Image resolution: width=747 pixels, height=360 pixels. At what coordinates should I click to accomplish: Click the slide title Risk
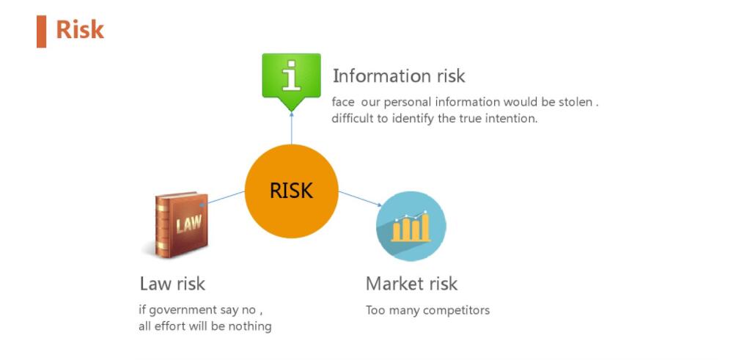coord(80,30)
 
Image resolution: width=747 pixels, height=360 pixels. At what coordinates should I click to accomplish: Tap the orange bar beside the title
coord(41,31)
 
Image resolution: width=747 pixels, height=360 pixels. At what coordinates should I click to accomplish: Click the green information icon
coord(291,77)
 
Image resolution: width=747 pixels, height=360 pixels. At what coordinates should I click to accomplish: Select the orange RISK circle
coord(291,191)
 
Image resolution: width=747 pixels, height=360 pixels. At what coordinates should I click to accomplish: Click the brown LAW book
coord(181,224)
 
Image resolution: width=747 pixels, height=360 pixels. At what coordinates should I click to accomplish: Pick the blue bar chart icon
coord(411,226)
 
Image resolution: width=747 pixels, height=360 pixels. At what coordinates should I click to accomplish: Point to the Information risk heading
coord(399,76)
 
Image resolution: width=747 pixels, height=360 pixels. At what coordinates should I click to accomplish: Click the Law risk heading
coord(172,283)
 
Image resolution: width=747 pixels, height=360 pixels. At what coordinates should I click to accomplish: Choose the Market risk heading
coord(411,283)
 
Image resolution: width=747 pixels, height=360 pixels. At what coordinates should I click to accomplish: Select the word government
coord(183,310)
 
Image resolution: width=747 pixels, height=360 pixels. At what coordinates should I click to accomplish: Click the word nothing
coord(251,326)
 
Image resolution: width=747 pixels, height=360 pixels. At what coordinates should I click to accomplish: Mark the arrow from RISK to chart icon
coord(359,199)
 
